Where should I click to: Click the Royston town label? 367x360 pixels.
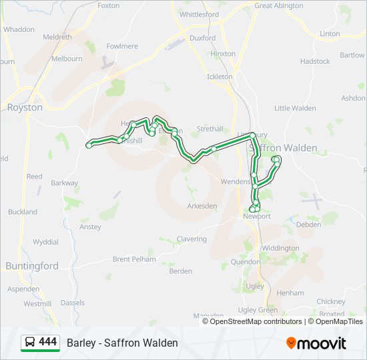(x=25, y=107)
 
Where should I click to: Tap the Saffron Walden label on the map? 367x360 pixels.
(x=283, y=147)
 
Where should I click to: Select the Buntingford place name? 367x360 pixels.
(x=32, y=265)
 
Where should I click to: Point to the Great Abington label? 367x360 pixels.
(x=279, y=5)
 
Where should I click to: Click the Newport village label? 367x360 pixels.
(x=257, y=216)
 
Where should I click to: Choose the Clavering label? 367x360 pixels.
(x=192, y=239)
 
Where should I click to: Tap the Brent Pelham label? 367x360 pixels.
(x=134, y=259)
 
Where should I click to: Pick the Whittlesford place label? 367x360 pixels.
(x=199, y=14)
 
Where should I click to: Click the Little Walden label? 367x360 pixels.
(x=295, y=108)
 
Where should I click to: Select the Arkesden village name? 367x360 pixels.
(x=202, y=206)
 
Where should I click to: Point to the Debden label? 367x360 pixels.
(x=309, y=225)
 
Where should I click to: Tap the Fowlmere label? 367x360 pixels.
(x=122, y=46)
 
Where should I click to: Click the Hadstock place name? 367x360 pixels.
(x=315, y=61)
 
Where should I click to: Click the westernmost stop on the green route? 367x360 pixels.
(x=89, y=145)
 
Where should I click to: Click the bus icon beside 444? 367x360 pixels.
(x=30, y=342)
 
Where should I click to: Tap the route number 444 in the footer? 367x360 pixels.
(x=48, y=342)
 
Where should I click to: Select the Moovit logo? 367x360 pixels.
(x=316, y=343)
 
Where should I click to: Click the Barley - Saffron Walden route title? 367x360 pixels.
(x=122, y=343)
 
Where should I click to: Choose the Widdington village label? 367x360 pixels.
(x=281, y=248)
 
